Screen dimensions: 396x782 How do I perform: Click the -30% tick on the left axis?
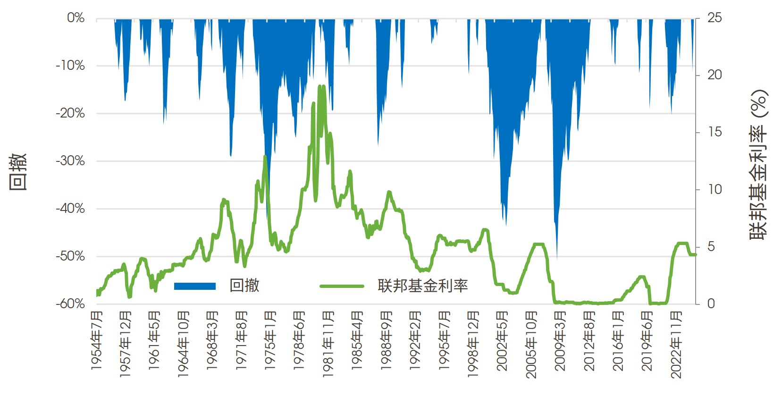[70, 161]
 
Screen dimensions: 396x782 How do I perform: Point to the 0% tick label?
[76, 18]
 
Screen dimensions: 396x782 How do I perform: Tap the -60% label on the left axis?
[70, 304]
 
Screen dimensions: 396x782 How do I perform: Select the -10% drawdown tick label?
[70, 66]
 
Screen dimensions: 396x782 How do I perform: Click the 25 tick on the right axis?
[715, 18]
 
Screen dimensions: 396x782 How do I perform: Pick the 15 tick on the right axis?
[715, 132]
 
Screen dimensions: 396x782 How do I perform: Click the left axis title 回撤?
[18, 171]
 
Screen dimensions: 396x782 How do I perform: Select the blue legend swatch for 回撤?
[195, 286]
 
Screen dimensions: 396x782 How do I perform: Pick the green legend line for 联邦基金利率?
[342, 286]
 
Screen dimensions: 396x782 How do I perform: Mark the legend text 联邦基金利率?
[422, 286]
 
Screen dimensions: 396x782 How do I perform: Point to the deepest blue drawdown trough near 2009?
[557, 257]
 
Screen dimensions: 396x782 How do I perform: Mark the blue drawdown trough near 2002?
[506, 224]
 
